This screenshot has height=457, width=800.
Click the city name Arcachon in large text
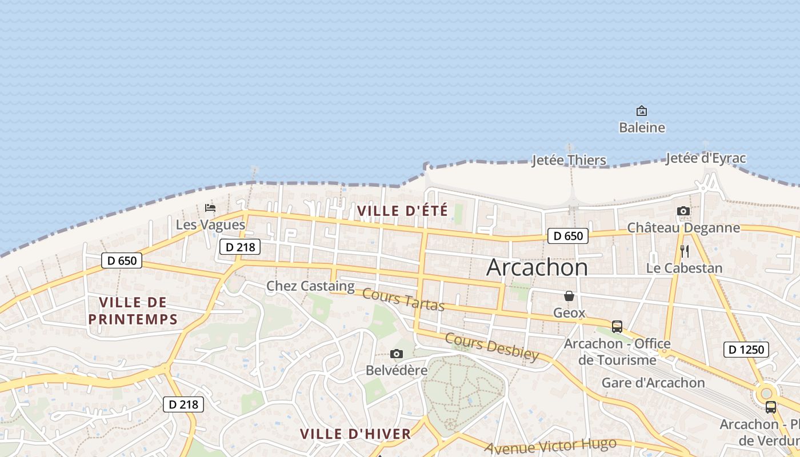tap(537, 267)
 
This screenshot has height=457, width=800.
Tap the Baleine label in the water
tap(642, 127)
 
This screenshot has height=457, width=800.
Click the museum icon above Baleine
tap(642, 111)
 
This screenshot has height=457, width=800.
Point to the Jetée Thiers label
tap(569, 160)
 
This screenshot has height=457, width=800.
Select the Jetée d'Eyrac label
tap(706, 158)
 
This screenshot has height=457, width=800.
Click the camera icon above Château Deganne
tap(683, 211)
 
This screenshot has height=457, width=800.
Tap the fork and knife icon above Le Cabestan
tap(685, 251)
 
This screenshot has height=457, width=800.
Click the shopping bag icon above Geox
tap(569, 296)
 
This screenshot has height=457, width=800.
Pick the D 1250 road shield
tap(746, 350)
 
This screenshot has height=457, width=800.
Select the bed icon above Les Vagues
tap(210, 208)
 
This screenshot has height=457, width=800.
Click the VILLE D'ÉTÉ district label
tap(402, 210)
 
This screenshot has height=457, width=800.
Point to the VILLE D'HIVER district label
tap(355, 434)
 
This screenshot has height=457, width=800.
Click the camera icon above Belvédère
tap(396, 354)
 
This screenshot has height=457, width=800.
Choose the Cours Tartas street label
tap(403, 300)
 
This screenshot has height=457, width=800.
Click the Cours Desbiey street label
tap(491, 347)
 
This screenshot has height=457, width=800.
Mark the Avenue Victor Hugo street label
tap(550, 446)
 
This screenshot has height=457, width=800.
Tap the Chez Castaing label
tap(310, 286)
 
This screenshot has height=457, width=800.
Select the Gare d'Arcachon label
tap(653, 383)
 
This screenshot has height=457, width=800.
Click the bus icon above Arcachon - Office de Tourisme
tap(617, 327)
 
